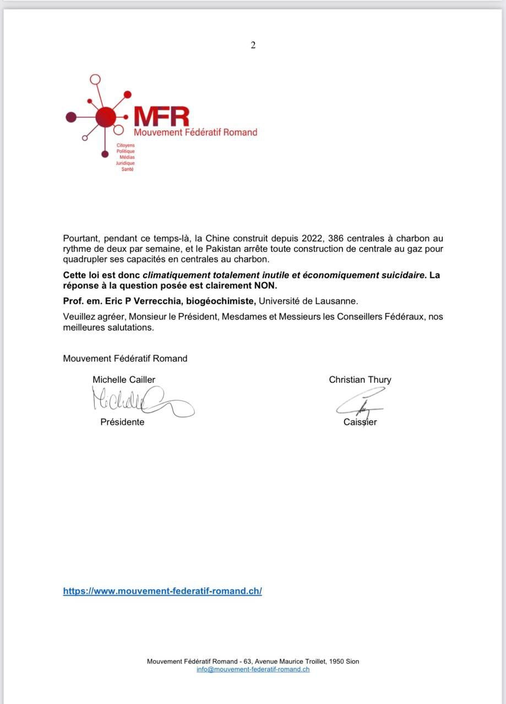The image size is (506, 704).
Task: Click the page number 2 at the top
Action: point(253,46)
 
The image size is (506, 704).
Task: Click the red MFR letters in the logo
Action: point(161,116)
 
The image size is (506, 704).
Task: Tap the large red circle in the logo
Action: point(106,117)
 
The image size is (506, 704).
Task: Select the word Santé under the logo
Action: point(128,169)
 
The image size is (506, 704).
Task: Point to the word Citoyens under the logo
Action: point(126,145)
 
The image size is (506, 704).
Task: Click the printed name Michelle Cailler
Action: point(124,380)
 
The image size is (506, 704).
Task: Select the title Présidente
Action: point(122,422)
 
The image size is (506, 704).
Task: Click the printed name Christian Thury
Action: point(360,380)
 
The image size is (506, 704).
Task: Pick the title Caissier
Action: point(360,422)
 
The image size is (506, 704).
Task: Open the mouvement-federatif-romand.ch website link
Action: point(162,591)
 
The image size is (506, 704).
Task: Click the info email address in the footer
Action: point(253,669)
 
